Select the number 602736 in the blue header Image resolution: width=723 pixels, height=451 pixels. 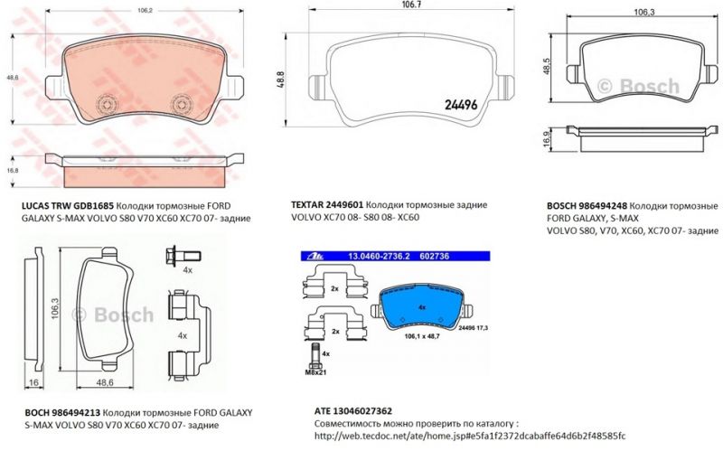432,258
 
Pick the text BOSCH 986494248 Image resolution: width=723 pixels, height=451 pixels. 587,206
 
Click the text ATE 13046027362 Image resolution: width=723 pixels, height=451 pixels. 354,409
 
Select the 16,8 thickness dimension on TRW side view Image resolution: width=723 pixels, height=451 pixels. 13,168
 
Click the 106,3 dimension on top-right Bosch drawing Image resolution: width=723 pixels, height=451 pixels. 643,14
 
